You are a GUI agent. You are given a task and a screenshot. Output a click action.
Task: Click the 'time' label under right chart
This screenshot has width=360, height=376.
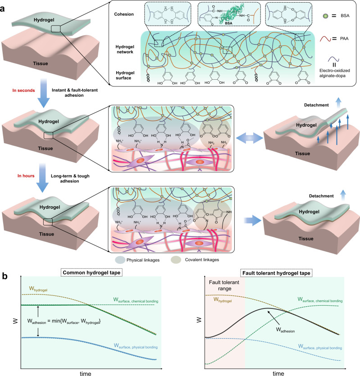point(276,372)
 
